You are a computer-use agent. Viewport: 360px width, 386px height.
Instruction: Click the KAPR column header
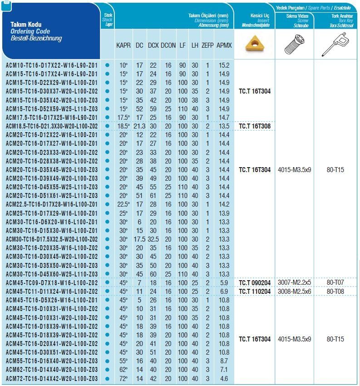click(123, 45)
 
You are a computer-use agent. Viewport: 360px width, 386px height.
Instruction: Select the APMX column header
click(224, 45)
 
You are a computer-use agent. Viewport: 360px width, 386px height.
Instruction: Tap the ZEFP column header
click(207, 45)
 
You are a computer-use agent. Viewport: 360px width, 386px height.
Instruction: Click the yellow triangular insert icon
click(254, 45)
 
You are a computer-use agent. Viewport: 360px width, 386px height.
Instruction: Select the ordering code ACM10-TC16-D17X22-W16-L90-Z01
click(52, 65)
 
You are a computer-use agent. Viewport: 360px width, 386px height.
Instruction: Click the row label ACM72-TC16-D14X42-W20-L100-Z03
click(52, 378)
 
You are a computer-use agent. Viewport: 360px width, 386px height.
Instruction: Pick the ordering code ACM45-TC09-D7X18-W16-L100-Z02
click(52, 283)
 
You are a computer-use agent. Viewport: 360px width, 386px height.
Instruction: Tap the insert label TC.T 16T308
click(255, 126)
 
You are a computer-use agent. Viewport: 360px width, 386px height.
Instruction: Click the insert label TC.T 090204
click(255, 283)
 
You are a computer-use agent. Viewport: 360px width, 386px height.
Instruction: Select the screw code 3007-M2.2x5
click(294, 283)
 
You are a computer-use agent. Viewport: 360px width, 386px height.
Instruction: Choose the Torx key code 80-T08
click(335, 292)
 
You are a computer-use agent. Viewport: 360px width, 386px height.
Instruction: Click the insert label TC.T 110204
click(255, 292)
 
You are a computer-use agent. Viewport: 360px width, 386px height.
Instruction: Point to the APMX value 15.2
click(224, 65)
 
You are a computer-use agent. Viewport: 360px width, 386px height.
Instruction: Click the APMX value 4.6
click(224, 378)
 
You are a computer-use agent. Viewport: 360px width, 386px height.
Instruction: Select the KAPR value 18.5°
click(123, 126)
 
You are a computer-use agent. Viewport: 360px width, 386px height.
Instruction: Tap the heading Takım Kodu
click(23, 24)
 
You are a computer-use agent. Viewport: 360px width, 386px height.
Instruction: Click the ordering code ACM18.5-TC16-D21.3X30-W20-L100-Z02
click(52, 126)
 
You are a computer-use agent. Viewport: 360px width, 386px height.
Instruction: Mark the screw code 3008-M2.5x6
click(294, 292)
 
